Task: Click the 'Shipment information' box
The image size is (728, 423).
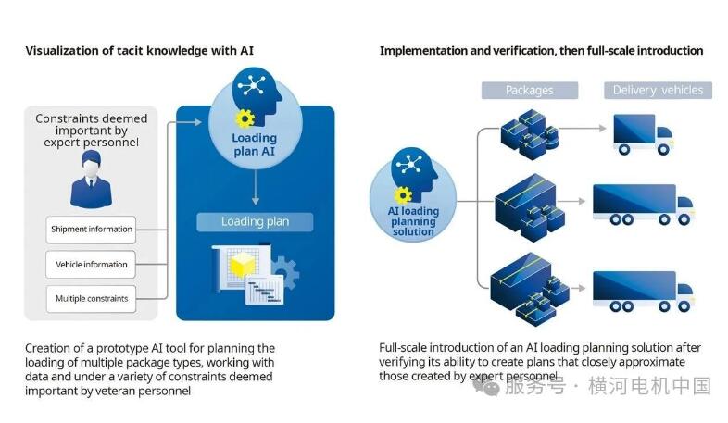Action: point(92,229)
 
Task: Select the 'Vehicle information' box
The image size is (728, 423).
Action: point(92,264)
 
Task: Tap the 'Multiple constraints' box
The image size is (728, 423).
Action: point(92,298)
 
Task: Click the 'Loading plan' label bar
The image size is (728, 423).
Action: point(255,221)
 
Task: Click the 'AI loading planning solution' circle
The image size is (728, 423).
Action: point(413,190)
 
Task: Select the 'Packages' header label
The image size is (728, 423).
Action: point(530,90)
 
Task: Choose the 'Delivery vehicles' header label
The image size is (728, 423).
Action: point(659,90)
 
